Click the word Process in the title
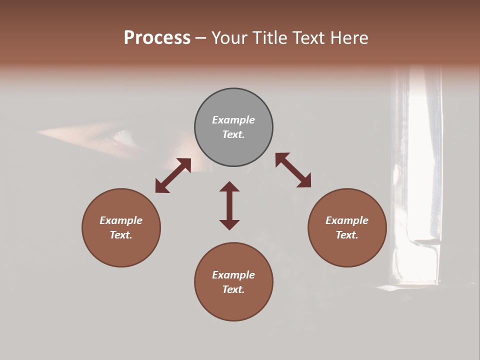pos(157,38)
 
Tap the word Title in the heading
pos(268,38)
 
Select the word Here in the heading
pos(348,38)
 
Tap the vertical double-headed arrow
pos(229,205)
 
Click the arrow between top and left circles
pos(173,175)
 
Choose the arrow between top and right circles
pos(293,170)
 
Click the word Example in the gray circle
pos(233,120)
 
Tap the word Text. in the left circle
pos(121,235)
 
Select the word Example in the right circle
pos(347,220)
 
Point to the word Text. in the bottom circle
pos(233,289)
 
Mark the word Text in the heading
pos(308,38)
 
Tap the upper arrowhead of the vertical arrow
pos(229,187)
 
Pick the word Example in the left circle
pos(121,220)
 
